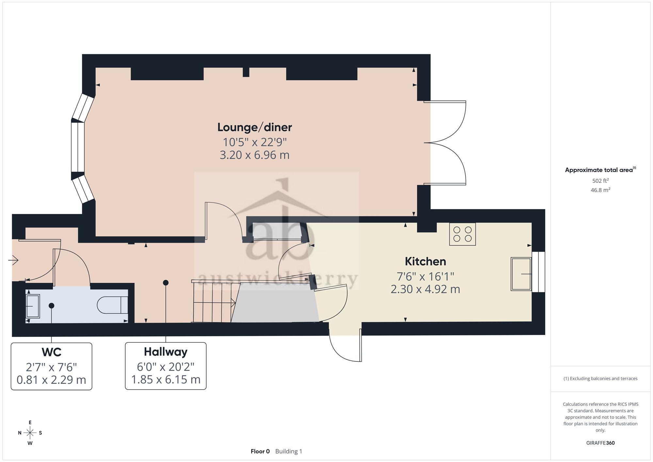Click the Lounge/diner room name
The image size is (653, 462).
click(255, 127)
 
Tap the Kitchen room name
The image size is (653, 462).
click(425, 261)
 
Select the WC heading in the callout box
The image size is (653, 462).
click(52, 352)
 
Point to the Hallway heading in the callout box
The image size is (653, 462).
click(166, 352)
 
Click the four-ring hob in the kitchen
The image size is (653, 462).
click(462, 234)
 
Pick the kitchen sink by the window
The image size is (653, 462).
click(521, 274)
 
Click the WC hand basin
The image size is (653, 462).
click(33, 306)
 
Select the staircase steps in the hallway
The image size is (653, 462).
click(214, 302)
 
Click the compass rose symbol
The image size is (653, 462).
click(30, 433)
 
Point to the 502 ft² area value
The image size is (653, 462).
click(600, 181)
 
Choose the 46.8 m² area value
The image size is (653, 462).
click(600, 190)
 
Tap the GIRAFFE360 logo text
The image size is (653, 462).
click(600, 443)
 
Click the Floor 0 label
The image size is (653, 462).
click(260, 451)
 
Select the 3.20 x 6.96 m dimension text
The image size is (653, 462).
click(255, 155)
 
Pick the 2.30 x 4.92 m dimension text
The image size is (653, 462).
click(425, 289)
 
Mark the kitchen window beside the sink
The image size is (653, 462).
click(538, 272)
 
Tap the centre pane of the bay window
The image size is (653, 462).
click(78, 147)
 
